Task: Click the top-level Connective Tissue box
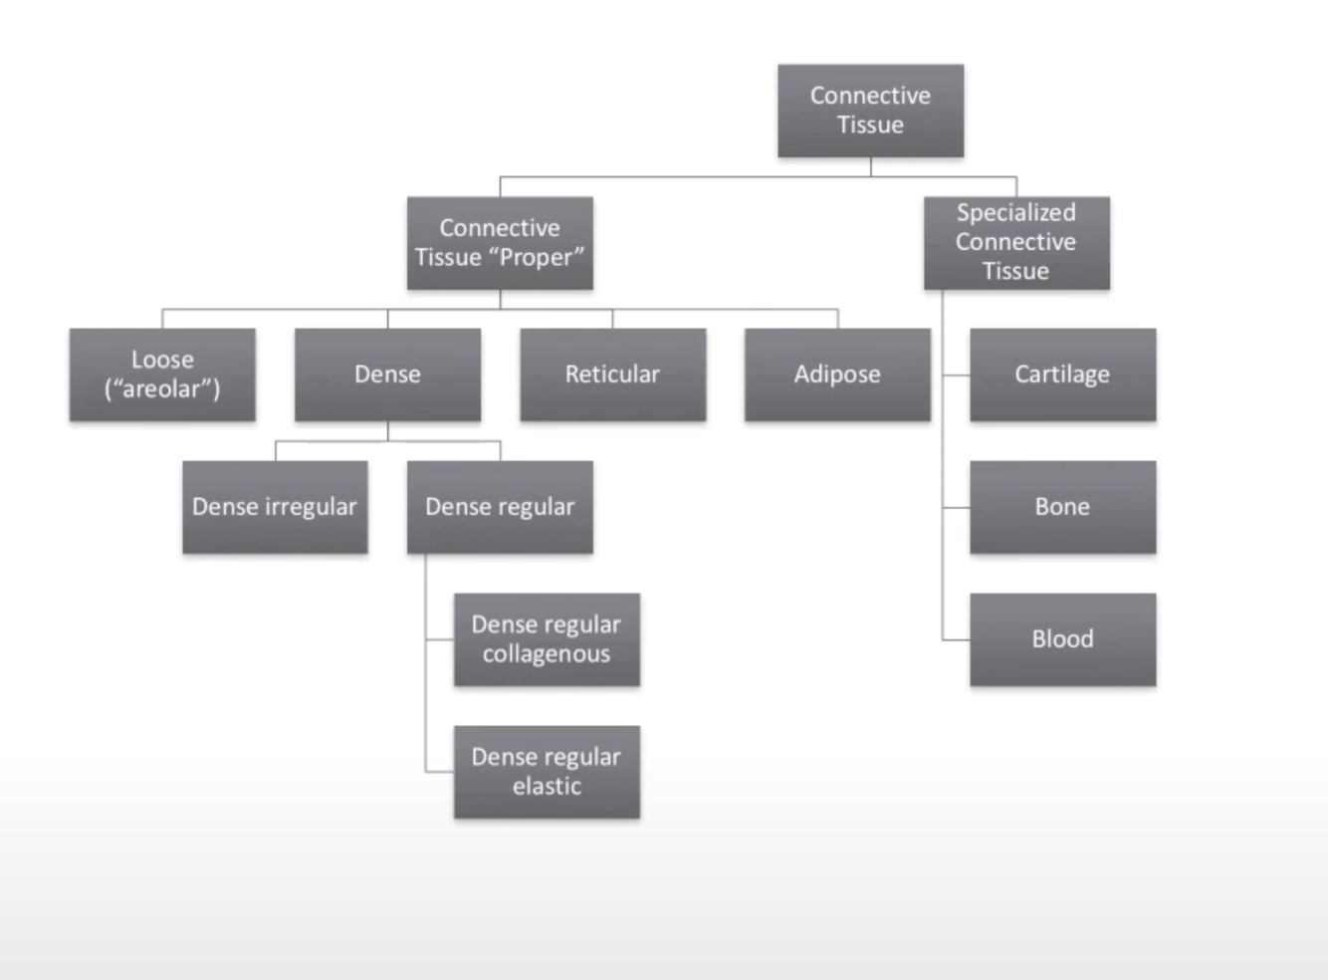point(870,111)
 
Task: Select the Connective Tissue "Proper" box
point(500,243)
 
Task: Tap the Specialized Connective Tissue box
point(1016,243)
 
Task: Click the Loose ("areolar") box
point(162,374)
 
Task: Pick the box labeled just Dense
point(387,374)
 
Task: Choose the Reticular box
point(612,374)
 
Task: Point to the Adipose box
point(837,374)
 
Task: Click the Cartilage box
point(1062,374)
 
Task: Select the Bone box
point(1062,507)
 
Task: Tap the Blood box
point(1062,639)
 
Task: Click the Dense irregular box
point(275,507)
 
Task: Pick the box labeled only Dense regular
point(500,507)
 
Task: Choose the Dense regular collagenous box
point(547,639)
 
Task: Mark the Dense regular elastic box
point(547,772)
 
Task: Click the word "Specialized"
point(1016,213)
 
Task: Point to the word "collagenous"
point(547,654)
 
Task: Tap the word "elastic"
point(547,787)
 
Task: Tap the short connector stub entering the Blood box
point(956,639)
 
